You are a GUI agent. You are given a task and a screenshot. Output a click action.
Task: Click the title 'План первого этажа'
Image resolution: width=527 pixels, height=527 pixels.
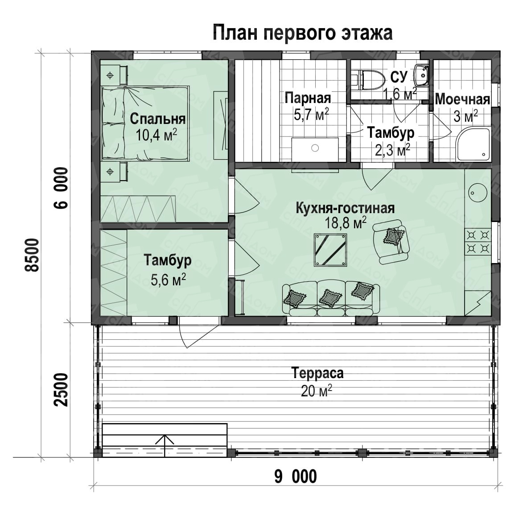[302, 33]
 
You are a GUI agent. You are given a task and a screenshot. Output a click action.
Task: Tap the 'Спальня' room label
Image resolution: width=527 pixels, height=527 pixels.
[158, 119]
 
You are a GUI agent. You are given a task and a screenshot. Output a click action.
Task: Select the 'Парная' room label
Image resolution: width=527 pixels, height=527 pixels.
[308, 98]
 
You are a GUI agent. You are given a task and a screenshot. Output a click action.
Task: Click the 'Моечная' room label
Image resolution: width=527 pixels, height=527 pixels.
[462, 99]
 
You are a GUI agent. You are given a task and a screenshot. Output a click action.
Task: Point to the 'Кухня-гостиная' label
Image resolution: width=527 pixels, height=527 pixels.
[345, 208]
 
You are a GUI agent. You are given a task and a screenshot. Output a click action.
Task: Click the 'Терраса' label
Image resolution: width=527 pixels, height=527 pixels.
[317, 373]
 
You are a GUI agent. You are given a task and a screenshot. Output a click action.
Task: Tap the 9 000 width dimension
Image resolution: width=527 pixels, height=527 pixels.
[296, 477]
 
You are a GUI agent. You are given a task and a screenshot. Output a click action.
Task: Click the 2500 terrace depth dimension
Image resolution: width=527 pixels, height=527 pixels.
[61, 390]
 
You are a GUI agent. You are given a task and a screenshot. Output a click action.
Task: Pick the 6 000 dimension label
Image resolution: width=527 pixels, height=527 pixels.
[62, 188]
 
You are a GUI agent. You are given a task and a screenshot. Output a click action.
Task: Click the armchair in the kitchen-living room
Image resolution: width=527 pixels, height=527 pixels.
[391, 241]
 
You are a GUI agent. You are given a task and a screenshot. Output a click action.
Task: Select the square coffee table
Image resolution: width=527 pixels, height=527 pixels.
[330, 250]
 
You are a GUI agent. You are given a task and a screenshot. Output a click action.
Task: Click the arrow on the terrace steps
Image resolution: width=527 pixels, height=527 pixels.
[165, 446]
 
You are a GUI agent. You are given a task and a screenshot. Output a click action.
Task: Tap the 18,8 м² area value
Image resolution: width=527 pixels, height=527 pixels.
[345, 222]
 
